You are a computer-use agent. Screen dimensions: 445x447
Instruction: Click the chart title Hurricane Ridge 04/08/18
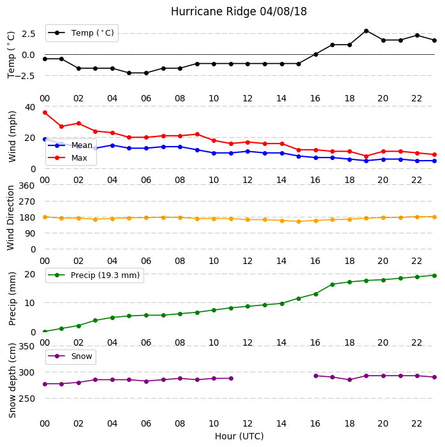point(238,11)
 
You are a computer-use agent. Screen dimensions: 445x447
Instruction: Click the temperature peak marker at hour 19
point(367,31)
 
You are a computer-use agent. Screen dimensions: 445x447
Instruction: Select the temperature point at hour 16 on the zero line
point(316,54)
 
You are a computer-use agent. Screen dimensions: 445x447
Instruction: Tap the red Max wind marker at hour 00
point(45,113)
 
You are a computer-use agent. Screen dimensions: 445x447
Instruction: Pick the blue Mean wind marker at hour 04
point(112,145)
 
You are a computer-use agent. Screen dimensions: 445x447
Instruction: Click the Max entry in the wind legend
point(68,158)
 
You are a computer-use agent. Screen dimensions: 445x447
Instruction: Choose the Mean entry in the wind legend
point(70,145)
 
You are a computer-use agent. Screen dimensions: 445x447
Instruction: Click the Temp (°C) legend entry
point(81,33)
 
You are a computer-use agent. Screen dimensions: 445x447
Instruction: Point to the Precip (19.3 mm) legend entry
point(94,275)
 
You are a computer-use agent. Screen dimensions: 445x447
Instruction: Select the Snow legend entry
point(70,356)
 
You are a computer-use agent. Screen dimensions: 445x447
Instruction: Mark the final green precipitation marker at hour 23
point(434,275)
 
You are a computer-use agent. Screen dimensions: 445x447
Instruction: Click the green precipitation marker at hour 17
point(332,284)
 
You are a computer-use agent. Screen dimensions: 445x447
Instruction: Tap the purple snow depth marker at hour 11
point(231,378)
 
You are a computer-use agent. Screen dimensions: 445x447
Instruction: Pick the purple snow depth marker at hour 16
point(316,376)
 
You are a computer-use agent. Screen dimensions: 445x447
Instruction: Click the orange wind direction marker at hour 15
point(299,221)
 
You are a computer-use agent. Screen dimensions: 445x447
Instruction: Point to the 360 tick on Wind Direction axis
point(27,186)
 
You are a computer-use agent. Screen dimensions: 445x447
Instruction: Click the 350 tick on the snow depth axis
point(27,346)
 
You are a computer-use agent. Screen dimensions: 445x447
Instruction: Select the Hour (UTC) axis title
point(239,436)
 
